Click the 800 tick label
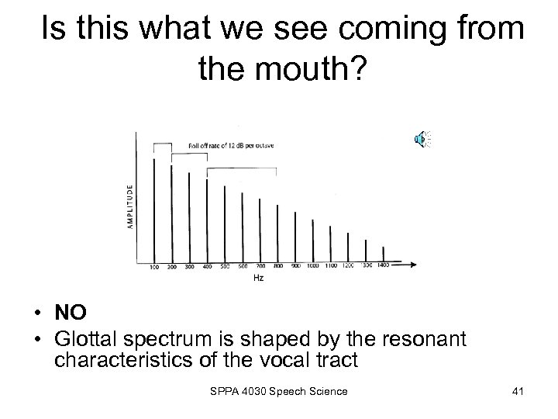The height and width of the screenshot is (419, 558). (x=278, y=266)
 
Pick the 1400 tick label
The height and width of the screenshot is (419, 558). (x=383, y=266)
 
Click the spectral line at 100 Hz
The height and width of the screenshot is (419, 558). (x=153, y=209)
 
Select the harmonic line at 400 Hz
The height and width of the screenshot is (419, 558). (x=207, y=220)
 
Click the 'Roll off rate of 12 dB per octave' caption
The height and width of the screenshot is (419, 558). (x=231, y=145)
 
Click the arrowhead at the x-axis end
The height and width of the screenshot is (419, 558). (x=418, y=261)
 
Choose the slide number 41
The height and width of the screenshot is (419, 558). (x=518, y=390)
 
